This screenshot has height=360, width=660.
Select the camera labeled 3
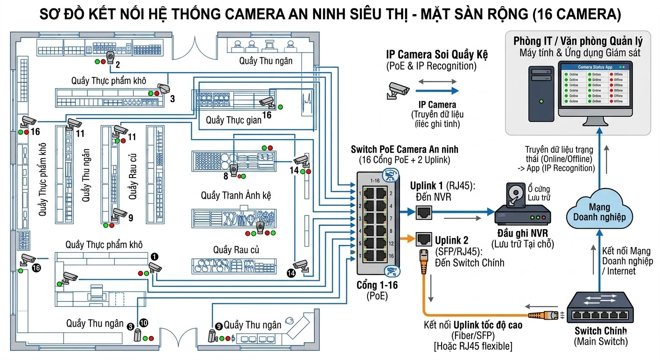(163, 89)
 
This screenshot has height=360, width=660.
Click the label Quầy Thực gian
(233, 120)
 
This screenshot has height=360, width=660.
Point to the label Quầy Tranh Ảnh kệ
(236, 195)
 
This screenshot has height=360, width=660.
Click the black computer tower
(542, 94)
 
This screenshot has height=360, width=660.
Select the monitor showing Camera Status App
(595, 89)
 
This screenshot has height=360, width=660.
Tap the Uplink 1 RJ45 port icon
(424, 212)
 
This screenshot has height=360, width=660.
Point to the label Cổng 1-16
(377, 285)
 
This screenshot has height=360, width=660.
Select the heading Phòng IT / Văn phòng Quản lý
(577, 41)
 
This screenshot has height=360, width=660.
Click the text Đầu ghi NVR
(523, 234)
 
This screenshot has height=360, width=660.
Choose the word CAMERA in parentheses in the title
(588, 15)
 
